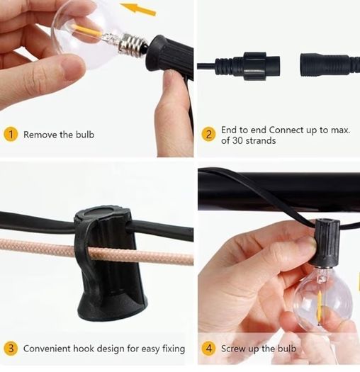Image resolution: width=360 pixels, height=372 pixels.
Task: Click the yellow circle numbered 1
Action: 11,135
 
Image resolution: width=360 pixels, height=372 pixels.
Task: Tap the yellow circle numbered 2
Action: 208,135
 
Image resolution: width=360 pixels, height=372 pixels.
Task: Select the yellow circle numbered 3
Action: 11,349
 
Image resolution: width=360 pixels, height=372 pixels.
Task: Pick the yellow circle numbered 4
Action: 208,349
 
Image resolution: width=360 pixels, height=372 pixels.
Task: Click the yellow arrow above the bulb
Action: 138,9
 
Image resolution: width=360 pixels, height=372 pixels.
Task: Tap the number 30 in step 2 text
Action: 237,140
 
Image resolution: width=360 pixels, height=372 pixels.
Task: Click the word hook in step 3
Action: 84,349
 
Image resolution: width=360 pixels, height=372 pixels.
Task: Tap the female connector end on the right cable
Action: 330,65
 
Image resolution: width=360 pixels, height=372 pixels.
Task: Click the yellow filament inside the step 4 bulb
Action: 320,308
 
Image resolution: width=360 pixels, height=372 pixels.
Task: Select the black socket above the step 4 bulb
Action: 326,242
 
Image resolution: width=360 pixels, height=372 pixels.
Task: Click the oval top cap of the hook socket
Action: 99,213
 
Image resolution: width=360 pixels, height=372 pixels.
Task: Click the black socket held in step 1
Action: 169,55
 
